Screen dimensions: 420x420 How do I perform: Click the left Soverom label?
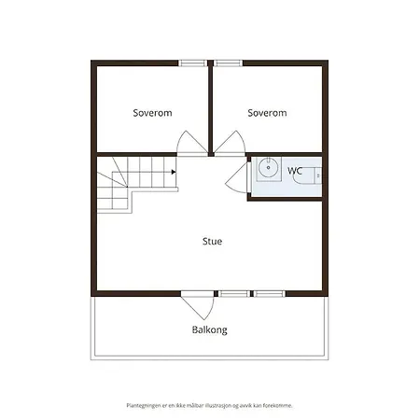(x=152, y=113)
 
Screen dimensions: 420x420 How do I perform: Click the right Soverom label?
(x=267, y=113)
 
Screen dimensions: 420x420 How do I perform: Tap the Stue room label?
(x=212, y=241)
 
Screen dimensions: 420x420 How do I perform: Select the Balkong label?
(x=209, y=329)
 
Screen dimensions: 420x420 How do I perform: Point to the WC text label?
(x=295, y=171)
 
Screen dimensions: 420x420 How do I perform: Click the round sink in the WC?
(x=269, y=168)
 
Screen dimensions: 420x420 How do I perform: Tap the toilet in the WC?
(x=308, y=175)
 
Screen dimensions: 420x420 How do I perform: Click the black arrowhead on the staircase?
(x=174, y=172)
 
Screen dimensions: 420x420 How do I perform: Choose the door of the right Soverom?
(x=230, y=142)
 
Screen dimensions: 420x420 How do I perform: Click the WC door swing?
(x=236, y=177)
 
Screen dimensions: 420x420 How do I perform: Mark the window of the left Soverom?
(x=193, y=63)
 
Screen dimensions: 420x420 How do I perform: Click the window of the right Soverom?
(x=229, y=63)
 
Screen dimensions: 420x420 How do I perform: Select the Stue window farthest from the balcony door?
(x=268, y=293)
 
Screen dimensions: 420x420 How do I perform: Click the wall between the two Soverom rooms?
(x=211, y=109)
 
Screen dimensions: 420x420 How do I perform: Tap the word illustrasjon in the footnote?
(x=217, y=406)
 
